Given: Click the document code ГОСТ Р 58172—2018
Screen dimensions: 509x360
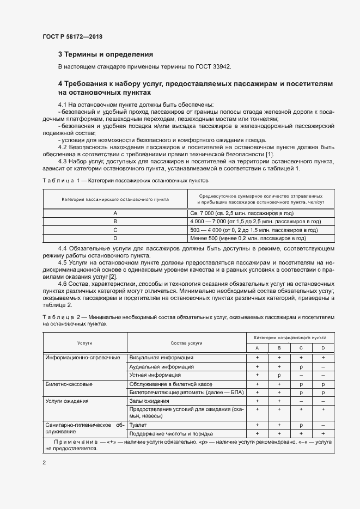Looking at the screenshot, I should (72, 37).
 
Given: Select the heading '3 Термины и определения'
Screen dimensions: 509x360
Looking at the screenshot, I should (105, 54).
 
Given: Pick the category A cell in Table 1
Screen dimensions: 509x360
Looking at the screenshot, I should (115, 213).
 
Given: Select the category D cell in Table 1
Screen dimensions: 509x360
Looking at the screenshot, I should (115, 238).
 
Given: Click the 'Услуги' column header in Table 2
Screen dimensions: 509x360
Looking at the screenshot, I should (84, 343).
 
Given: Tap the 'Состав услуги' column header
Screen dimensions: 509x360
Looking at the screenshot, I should (186, 343).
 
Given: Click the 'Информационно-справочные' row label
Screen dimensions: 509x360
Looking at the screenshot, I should (83, 358).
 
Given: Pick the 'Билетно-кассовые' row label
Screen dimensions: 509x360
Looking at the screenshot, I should (69, 384).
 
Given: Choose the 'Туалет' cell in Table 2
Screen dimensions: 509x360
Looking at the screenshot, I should (138, 424).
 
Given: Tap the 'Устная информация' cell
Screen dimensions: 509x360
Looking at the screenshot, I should (155, 375).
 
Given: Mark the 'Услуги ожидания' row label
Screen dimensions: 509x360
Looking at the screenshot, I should (68, 401).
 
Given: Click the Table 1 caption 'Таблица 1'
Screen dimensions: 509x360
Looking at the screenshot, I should (61, 180).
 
